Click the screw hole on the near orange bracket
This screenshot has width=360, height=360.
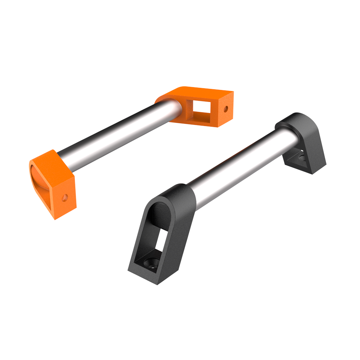pos(65,197)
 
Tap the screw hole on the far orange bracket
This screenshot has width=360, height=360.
pos(226,108)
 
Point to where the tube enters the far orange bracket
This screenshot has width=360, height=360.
pos(178,108)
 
